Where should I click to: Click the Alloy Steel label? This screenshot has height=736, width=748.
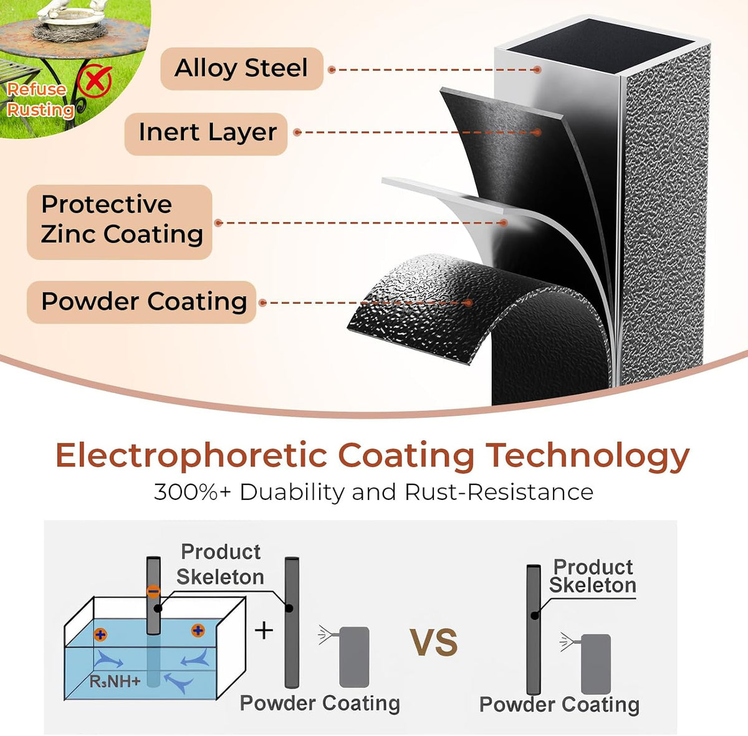tap(241, 68)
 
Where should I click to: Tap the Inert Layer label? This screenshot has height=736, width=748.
tap(206, 133)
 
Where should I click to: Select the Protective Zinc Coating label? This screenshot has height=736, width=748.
tap(120, 222)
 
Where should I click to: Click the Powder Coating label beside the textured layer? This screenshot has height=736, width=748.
tap(141, 302)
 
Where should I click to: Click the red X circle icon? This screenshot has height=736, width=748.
tap(95, 81)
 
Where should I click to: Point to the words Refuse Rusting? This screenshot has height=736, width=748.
tap(40, 100)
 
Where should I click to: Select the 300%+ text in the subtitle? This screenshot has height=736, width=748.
tap(192, 493)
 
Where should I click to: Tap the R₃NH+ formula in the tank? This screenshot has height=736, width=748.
tap(115, 681)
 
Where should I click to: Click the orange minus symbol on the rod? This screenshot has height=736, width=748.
tap(153, 592)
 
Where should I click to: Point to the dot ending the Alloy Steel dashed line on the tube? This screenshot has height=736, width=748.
tap(537, 70)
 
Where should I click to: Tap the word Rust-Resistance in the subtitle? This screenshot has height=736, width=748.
tap(499, 493)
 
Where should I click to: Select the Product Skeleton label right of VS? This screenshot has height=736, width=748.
tap(593, 576)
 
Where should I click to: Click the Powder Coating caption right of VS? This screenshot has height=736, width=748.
tap(559, 704)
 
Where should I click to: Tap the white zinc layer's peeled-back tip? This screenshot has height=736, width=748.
tap(386, 181)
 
